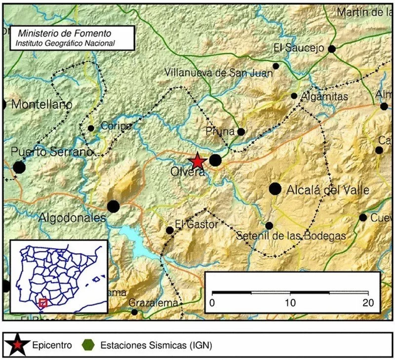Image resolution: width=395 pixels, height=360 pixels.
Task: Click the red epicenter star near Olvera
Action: coord(197,160)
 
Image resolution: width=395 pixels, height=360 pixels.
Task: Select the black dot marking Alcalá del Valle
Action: coord(275,189)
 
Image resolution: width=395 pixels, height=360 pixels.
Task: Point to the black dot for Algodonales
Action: coord(114,206)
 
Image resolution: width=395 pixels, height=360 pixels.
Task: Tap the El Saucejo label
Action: coord(298,48)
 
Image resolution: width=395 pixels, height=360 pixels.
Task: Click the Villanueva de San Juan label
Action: coord(218,73)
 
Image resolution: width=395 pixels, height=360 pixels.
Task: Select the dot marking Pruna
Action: coord(241,132)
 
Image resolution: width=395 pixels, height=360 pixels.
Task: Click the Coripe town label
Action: coord(116,126)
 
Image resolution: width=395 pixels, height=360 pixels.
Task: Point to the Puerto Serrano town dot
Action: coord(19,167)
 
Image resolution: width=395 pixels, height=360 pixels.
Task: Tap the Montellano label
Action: coord(41,105)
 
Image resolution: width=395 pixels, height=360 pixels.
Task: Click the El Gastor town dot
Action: coord(170,230)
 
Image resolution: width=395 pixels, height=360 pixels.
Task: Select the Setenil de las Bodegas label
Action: coord(291,236)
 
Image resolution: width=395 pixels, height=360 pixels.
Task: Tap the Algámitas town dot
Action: coord(294,96)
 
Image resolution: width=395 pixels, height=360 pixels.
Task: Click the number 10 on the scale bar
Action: coord(290,302)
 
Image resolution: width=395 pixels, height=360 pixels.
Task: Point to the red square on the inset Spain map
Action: coord(43,303)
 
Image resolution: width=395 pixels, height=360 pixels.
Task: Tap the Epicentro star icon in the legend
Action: coord(18,344)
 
